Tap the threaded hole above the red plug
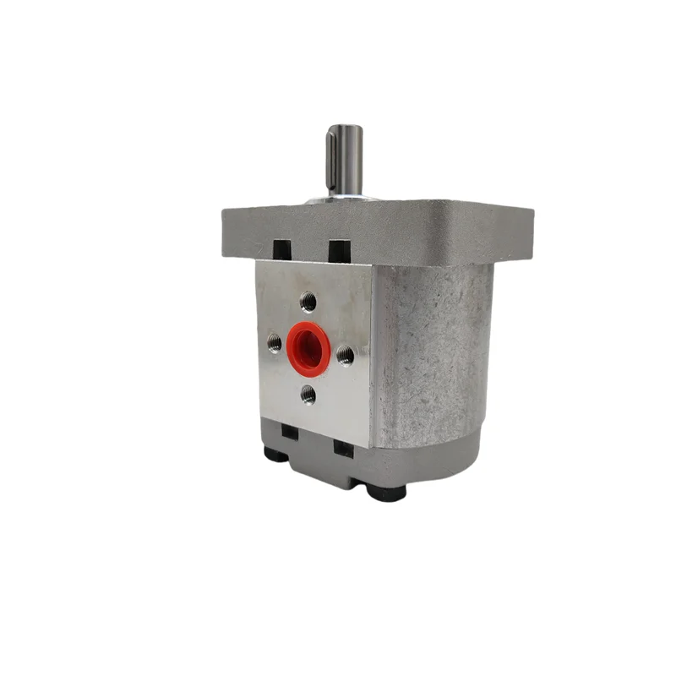[308, 300]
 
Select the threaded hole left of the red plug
[275, 342]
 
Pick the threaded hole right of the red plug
[345, 356]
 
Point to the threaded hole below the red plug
[308, 394]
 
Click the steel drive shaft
[346, 161]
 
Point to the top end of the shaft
[346, 129]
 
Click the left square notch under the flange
[282, 250]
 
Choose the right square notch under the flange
[340, 251]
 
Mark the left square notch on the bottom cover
[290, 431]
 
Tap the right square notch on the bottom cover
[344, 449]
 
